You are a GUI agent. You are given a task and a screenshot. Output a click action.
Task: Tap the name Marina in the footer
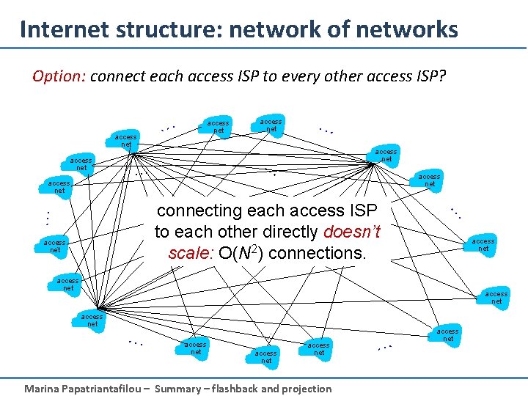(43, 389)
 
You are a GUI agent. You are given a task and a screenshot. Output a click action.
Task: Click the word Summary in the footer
(179, 389)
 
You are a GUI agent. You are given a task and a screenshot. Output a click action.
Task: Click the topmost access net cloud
(271, 125)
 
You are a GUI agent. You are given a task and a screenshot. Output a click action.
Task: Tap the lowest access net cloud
(265, 356)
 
